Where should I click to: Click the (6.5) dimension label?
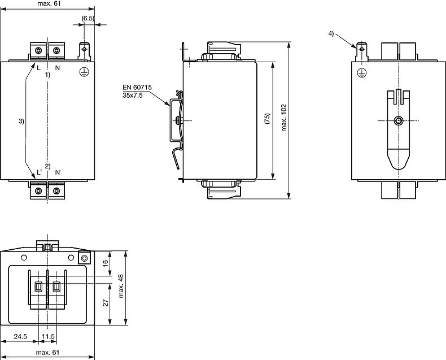pyautogui.click(x=88, y=18)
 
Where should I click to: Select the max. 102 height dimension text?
pyautogui.click(x=284, y=118)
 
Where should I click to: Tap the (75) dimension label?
pyautogui.click(x=267, y=118)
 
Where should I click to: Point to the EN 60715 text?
pyautogui.click(x=137, y=87)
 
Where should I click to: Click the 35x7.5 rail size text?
pyautogui.click(x=133, y=95)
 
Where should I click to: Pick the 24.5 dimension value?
pyautogui.click(x=20, y=336)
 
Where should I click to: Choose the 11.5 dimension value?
pyautogui.click(x=48, y=336)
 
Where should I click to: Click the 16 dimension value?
pyautogui.click(x=105, y=263)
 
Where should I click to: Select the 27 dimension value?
pyautogui.click(x=106, y=302)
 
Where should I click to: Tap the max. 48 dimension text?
pyautogui.click(x=121, y=286)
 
